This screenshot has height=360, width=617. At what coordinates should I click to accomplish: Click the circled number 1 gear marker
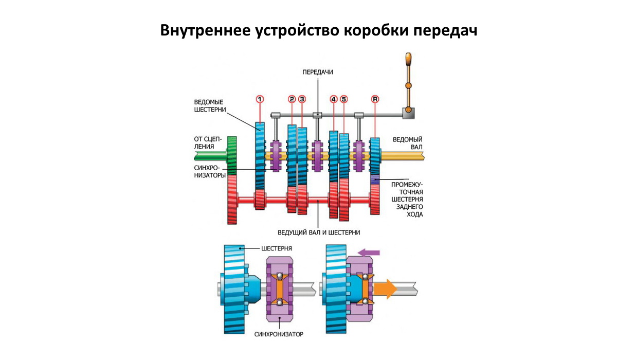pos(260,99)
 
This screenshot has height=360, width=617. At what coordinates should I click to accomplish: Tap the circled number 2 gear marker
pos(292,99)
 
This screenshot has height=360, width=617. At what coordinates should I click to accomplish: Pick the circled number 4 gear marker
pos(334,99)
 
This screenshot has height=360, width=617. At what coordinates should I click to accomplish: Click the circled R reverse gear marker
pos(375,99)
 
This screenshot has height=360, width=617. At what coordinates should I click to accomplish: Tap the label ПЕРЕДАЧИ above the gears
pos(318,73)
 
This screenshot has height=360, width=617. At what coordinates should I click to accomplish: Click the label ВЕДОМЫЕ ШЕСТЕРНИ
pos(209,105)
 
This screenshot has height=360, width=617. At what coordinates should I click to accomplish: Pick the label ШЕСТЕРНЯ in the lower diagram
pos(277,248)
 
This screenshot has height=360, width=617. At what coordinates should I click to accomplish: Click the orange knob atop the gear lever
pos(409,59)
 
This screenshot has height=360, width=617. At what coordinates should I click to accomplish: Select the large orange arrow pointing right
pos(385,289)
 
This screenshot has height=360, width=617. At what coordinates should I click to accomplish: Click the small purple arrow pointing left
pos(369,252)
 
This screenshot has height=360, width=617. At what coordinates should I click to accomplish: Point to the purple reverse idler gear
pos(375,179)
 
